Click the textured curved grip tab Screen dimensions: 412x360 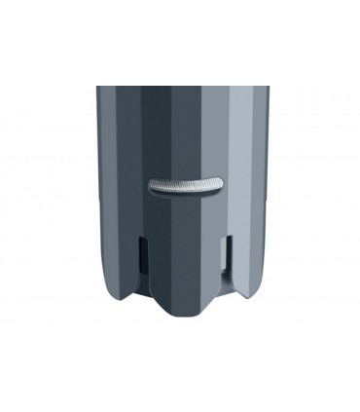(185, 184)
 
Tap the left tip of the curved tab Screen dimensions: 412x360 (150, 190)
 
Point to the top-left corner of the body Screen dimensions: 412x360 (97, 88)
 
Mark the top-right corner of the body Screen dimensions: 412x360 (269, 88)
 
